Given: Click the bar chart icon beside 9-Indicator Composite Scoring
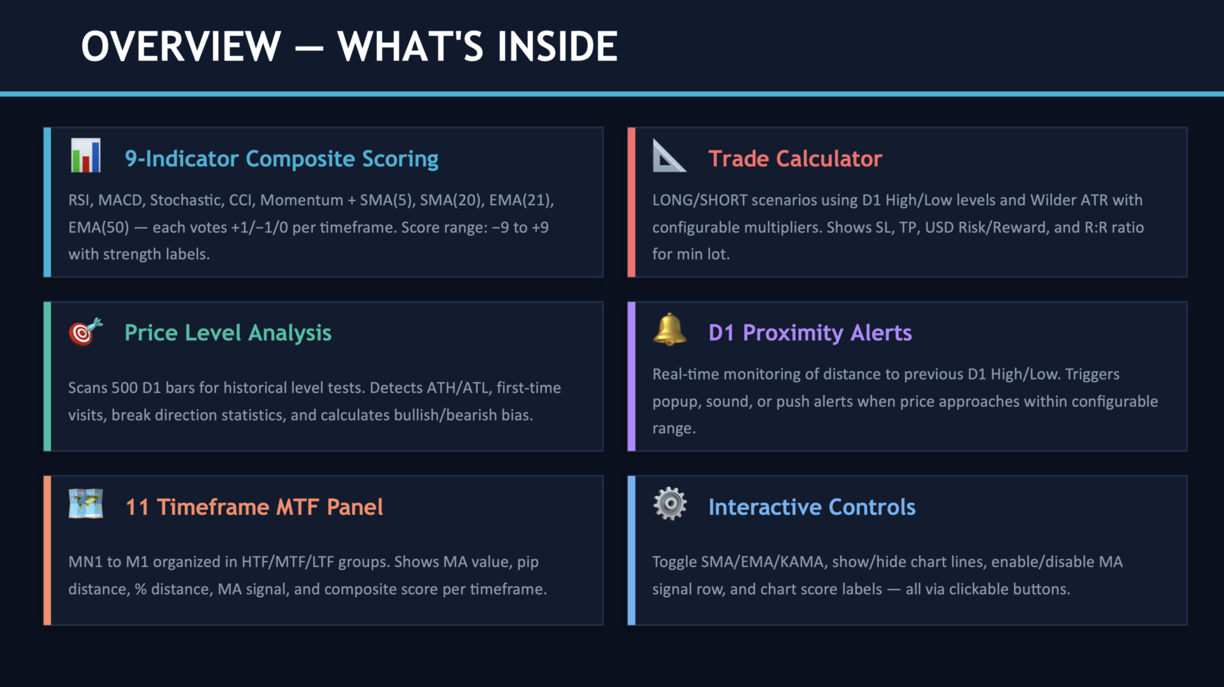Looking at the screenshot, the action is tap(85, 156).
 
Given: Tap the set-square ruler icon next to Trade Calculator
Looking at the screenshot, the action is tap(669, 156).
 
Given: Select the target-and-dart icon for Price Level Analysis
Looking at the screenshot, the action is tap(85, 331).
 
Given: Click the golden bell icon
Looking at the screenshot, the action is tap(669, 329).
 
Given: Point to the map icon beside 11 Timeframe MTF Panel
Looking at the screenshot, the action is tap(85, 504).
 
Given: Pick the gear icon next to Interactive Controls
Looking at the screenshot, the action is tap(669, 504).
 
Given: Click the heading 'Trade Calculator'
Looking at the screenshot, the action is tap(795, 159).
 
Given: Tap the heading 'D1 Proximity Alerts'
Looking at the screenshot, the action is tap(810, 333).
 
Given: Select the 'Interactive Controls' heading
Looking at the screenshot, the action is tap(812, 507).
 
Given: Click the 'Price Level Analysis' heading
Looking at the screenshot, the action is tap(228, 333).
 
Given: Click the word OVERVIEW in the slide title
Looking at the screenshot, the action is tap(181, 47).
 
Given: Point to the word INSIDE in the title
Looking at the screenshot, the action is tap(557, 47).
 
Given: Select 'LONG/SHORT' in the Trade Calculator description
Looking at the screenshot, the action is tap(699, 200).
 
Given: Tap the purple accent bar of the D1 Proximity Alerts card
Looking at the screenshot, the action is tap(631, 376).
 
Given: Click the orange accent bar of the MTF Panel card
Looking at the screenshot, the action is tap(47, 550).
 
